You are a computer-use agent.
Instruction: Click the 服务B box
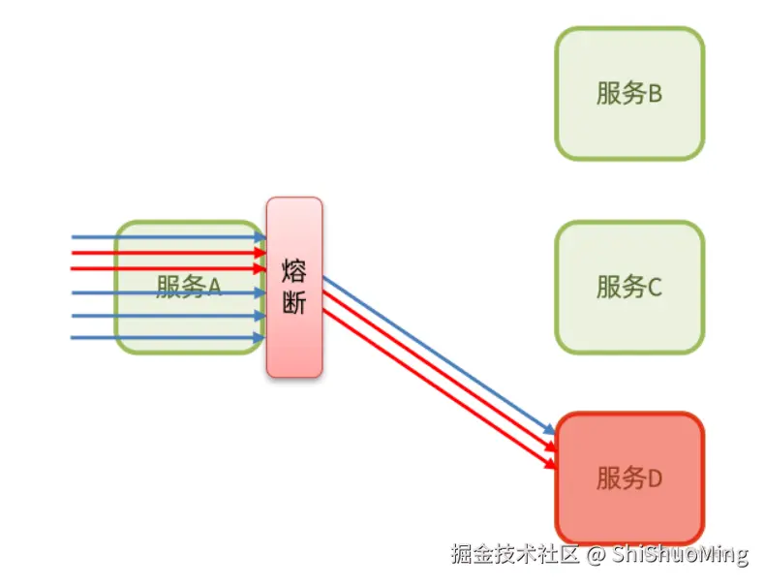pos(629,93)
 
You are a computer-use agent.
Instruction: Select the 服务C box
pos(629,287)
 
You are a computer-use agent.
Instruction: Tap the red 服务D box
pos(629,477)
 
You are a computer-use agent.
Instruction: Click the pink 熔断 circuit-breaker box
pos(294,287)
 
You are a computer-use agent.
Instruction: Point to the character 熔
pos(294,270)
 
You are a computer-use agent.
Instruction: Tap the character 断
pos(294,303)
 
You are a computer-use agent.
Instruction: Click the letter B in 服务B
pos(655,94)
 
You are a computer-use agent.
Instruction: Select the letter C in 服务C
pos(655,288)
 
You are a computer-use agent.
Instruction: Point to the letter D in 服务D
pos(655,478)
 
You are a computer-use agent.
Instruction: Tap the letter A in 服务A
pos(215,287)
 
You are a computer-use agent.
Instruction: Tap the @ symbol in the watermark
pos(597,555)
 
